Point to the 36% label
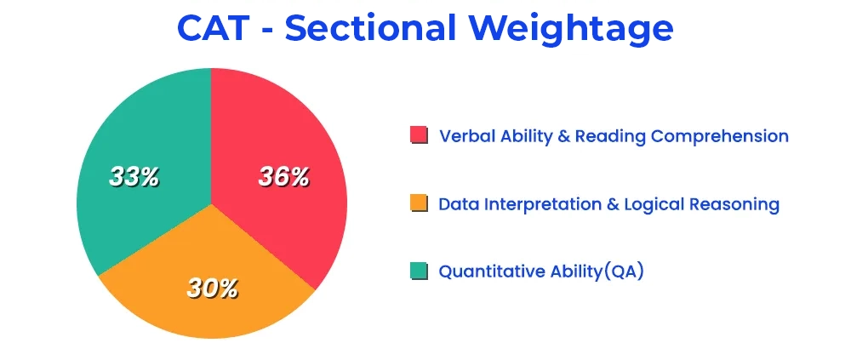pos(284,177)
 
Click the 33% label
pos(134,177)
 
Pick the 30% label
pos(212,288)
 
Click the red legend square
pos(419,135)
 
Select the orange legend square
pos(419,203)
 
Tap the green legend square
pos(419,271)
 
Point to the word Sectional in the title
pos(370,28)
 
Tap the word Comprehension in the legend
pos(720,137)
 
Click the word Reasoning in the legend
pos(734,205)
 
